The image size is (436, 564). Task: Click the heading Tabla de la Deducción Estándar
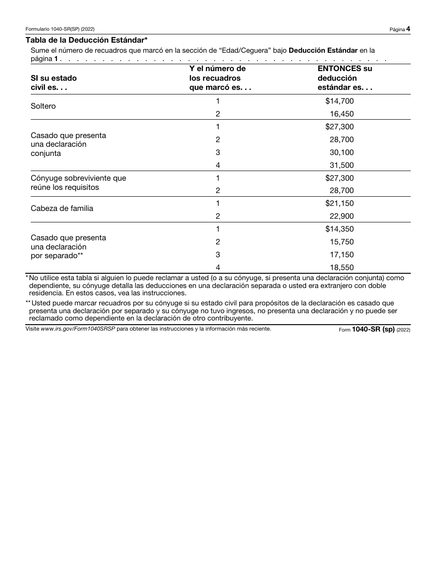[x=87, y=40]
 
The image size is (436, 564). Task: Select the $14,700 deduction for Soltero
[x=339, y=101]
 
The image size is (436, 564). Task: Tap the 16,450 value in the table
[x=341, y=114]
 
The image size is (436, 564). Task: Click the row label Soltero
[x=43, y=106]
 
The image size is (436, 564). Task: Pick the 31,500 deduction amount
[x=341, y=166]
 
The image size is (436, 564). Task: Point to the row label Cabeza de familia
[x=62, y=209]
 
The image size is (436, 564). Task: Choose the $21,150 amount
[x=339, y=204]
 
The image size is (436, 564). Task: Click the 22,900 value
[x=341, y=216]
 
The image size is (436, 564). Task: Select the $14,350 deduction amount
[x=339, y=229]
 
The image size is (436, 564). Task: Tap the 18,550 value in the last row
[x=341, y=268]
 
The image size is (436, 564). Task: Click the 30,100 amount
[x=341, y=153]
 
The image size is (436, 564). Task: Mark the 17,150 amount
[x=341, y=255]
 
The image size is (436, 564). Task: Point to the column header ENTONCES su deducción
[x=345, y=78]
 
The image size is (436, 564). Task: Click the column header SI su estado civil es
[x=53, y=83]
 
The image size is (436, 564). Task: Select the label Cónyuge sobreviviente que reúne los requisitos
[x=78, y=182]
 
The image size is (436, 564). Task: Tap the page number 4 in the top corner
[x=408, y=29]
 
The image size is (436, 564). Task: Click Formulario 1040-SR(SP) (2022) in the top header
[x=60, y=29]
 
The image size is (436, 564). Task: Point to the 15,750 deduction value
[x=341, y=242]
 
